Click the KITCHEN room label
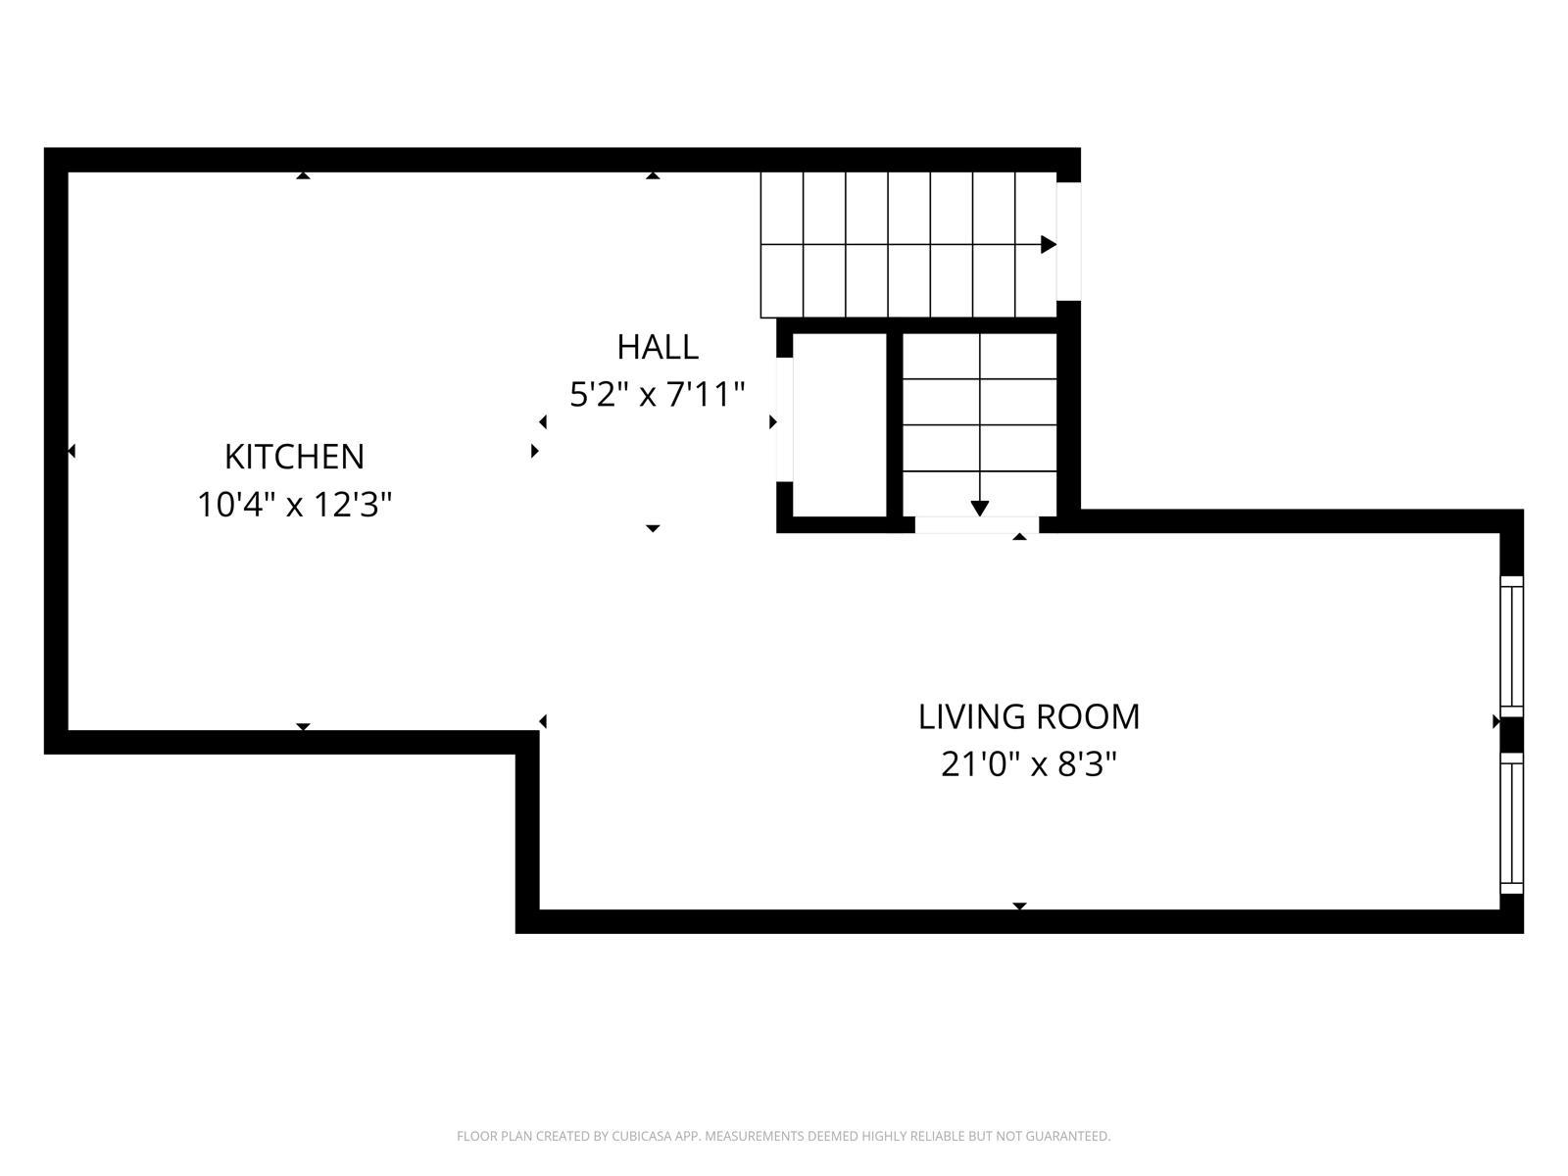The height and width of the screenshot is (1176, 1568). click(294, 457)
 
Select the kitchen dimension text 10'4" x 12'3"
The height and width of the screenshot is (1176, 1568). click(294, 506)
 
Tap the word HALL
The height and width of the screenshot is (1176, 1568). click(657, 347)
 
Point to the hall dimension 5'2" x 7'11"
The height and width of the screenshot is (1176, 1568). click(657, 395)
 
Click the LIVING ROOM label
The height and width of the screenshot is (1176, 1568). click(1028, 716)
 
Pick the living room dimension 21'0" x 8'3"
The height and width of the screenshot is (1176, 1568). click(1028, 764)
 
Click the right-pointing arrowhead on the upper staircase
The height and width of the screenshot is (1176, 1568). click(1048, 244)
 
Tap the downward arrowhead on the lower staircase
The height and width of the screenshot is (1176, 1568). click(979, 508)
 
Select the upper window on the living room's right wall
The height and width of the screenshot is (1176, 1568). click(1512, 644)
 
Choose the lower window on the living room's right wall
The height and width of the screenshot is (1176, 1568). click(1512, 823)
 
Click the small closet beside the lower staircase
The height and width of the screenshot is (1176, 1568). click(838, 424)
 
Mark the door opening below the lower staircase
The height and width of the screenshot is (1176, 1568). click(976, 525)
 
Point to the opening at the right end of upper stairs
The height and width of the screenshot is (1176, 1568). click(1068, 241)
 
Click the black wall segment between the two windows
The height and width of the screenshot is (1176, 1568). click(1512, 733)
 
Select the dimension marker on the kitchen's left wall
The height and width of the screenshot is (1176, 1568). click(72, 451)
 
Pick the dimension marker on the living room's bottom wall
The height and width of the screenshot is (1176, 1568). click(1019, 906)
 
